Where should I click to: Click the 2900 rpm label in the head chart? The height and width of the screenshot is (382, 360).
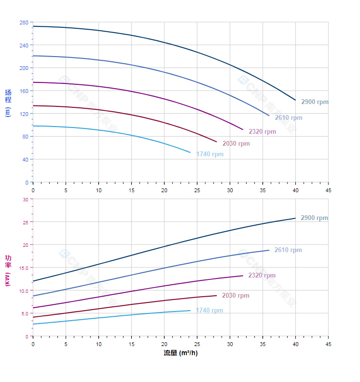tap(315, 102)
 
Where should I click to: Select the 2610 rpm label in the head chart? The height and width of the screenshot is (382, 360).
tap(288, 118)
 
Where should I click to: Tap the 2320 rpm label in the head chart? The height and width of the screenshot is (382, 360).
tap(262, 132)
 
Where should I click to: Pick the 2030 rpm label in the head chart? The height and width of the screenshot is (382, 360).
tap(236, 144)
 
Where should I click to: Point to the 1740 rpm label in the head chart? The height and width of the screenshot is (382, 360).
tap(210, 154)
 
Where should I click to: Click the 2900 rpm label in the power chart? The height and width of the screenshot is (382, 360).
tap(314, 218)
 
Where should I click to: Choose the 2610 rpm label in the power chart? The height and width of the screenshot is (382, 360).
tap(288, 250)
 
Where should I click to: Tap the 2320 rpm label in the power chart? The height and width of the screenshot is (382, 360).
tap(261, 276)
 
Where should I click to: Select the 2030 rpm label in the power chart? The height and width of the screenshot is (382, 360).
tap(235, 296)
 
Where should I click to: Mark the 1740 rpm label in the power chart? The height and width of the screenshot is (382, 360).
tap(209, 311)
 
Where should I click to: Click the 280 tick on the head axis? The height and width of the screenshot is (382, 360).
tap(24, 23)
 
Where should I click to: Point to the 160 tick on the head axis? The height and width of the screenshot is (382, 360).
tap(24, 91)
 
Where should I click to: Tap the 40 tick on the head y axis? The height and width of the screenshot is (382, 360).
tap(25, 160)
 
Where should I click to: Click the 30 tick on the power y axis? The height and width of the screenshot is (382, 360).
tap(25, 199)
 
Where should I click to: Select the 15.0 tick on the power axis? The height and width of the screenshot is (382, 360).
tap(23, 267)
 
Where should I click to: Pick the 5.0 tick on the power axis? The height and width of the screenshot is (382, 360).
tap(24, 313)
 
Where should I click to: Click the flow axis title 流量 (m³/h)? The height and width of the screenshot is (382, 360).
tap(180, 353)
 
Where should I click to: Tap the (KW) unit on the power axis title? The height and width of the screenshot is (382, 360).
tap(8, 280)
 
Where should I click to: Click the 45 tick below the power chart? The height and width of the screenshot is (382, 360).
tap(328, 344)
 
